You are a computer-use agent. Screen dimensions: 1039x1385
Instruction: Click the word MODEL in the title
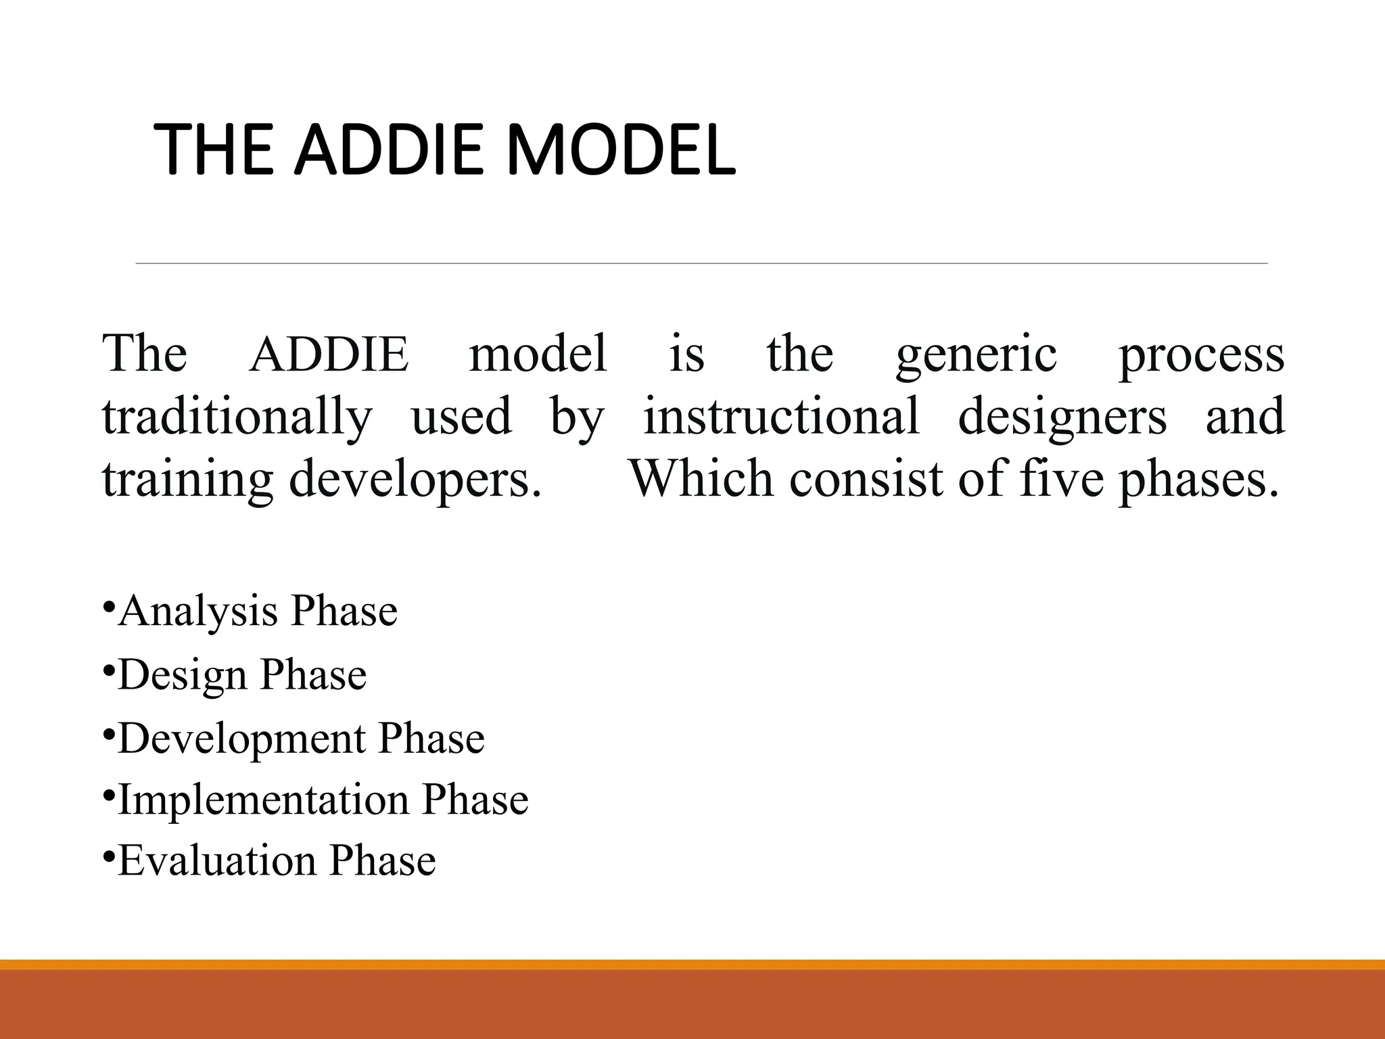click(620, 149)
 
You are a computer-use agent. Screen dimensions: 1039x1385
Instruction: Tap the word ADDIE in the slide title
click(391, 149)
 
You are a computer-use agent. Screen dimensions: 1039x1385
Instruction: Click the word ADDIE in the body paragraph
click(329, 354)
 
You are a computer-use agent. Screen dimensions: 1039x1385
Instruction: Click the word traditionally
click(237, 417)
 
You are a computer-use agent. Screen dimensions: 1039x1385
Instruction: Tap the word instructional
click(781, 415)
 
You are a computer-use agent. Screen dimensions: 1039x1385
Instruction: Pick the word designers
click(1062, 417)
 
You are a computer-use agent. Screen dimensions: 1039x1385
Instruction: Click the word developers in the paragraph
click(415, 479)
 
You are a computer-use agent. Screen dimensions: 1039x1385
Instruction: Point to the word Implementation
click(264, 800)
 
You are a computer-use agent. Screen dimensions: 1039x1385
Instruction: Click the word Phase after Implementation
click(475, 800)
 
